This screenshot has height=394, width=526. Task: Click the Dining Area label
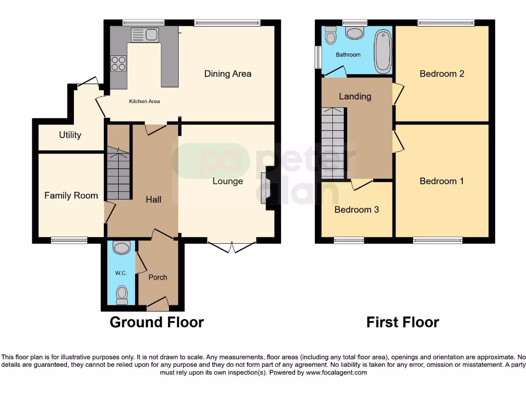[228, 74]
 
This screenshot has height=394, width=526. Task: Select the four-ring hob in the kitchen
[118, 63]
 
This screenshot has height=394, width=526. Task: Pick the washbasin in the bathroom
[354, 33]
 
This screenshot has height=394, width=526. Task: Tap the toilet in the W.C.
[122, 294]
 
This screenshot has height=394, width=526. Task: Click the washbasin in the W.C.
[121, 248]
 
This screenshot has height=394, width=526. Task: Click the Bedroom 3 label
[356, 210]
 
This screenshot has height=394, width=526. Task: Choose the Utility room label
[70, 135]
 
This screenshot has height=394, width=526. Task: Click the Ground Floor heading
[157, 322]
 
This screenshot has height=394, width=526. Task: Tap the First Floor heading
[402, 322]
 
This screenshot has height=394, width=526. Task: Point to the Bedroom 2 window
[445, 23]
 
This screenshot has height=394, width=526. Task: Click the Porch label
[158, 278]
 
